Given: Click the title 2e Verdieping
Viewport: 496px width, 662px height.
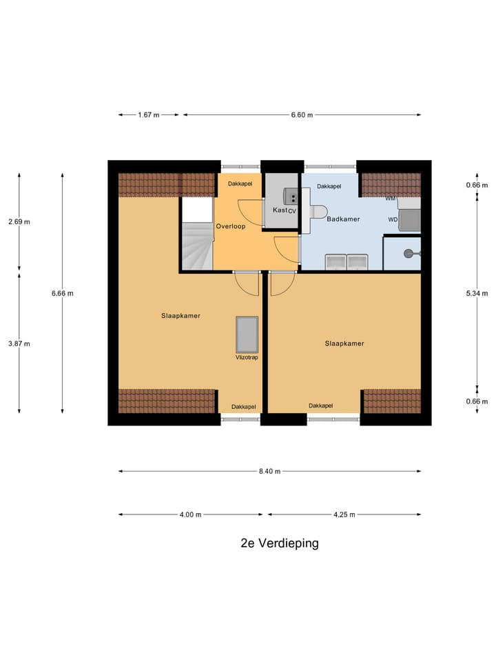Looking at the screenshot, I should click(x=280, y=543).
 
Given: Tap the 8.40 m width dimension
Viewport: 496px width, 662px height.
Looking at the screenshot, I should click(x=269, y=471).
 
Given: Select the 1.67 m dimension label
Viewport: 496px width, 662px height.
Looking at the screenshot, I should click(x=149, y=115).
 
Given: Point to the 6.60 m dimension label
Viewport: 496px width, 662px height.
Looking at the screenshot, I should click(x=302, y=115).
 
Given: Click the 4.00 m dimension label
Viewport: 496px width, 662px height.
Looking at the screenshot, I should click(x=190, y=514).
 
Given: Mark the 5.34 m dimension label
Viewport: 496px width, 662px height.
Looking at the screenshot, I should click(x=477, y=293).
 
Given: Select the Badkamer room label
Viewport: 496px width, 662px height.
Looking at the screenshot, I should click(x=343, y=219).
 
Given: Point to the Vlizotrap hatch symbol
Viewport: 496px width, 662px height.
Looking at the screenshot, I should click(x=247, y=334).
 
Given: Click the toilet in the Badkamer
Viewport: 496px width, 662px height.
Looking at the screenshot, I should click(x=318, y=212).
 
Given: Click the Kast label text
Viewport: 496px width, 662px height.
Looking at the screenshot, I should click(x=280, y=210).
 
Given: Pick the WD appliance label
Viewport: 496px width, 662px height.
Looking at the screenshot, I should click(x=393, y=220).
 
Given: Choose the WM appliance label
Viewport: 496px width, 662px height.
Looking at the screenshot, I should click(x=391, y=199).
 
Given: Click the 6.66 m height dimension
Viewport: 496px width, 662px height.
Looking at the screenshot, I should click(x=62, y=293).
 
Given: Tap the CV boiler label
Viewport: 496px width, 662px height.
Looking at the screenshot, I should click(x=292, y=211).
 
